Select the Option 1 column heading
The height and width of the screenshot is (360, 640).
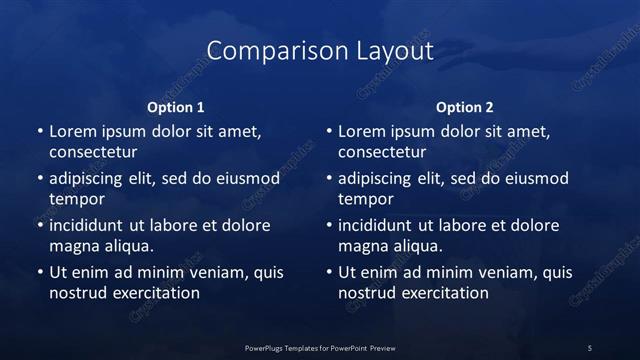tap(176, 107)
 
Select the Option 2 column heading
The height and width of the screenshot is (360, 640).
tap(465, 107)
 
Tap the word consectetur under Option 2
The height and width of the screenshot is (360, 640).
tap(383, 153)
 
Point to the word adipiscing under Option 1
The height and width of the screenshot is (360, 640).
tap(91, 179)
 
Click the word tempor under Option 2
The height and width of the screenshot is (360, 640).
tap(366, 199)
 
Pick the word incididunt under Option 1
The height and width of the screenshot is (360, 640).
tap(91, 225)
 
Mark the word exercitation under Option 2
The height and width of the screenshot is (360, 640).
tap(445, 293)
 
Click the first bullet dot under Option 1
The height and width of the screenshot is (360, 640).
tap(39, 132)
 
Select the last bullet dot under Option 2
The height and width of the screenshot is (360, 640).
tap(329, 272)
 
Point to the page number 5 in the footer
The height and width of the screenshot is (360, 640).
tap(590, 347)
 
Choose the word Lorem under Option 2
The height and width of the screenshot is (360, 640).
tap(362, 132)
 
